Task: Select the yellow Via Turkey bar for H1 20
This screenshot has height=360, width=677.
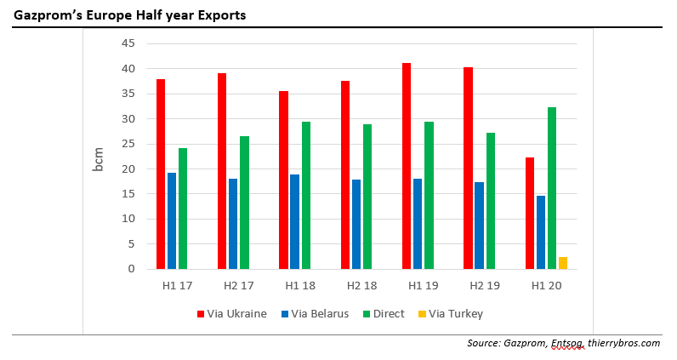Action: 563,263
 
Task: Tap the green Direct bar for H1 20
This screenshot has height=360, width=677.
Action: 551,188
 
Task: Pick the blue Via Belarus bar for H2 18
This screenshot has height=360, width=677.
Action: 356,224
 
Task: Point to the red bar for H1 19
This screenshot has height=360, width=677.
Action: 406,166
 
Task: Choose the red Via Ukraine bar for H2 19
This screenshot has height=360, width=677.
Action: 468,168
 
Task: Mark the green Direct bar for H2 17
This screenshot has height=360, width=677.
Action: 244,203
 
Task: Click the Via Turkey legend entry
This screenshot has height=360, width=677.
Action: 451,313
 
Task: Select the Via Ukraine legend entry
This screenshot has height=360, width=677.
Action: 231,313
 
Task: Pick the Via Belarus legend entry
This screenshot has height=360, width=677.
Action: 314,313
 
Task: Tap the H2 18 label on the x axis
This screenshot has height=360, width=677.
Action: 356,285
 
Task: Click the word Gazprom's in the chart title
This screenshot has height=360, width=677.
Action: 44,15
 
